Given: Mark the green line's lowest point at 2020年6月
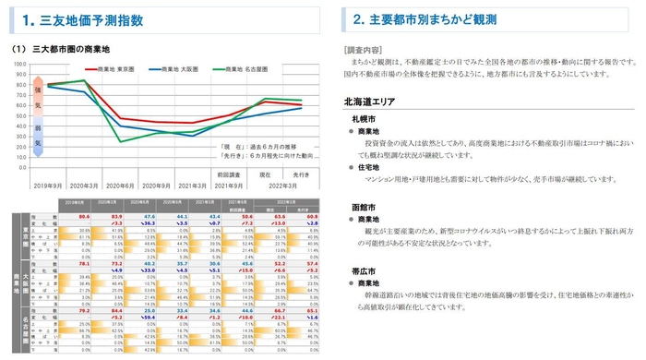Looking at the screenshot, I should (119, 141).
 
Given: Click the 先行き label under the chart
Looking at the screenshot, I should (301, 173).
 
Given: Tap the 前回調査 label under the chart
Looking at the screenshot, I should (228, 173).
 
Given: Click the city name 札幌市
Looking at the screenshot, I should (362, 120).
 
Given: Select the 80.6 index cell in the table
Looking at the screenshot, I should (83, 214).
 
